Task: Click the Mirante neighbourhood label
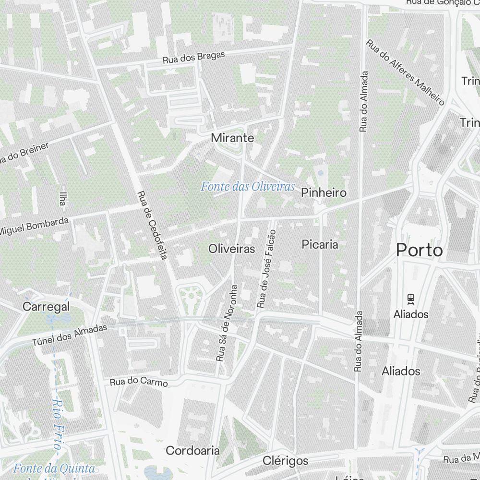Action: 232,138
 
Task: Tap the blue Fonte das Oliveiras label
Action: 248,187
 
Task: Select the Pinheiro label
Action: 324,193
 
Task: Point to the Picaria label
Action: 320,244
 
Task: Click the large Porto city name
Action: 419,250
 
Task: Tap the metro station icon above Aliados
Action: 410,299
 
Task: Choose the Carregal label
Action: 46,306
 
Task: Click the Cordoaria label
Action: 192,451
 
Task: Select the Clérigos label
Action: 285,461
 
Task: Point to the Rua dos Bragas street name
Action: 193,58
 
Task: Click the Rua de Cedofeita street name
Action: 151,226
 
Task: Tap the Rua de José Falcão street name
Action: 267,269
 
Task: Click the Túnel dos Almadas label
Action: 70,336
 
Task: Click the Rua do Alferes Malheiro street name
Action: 406,72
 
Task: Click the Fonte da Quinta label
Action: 54,468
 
